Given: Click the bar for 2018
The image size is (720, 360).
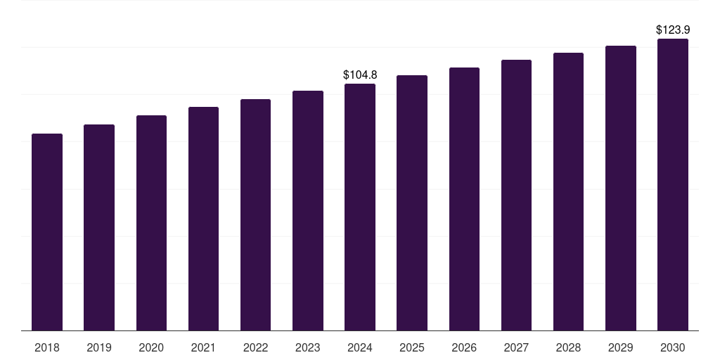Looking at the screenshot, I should (47, 232).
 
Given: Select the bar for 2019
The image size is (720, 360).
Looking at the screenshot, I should (99, 227).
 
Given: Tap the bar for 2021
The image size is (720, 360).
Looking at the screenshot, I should (203, 219).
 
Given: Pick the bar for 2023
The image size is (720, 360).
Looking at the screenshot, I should (308, 210).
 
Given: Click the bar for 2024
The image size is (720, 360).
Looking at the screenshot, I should (360, 207).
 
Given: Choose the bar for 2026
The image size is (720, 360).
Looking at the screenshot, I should (464, 199).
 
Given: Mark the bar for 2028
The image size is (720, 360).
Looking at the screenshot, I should (568, 191).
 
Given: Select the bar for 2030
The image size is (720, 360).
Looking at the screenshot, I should (673, 184).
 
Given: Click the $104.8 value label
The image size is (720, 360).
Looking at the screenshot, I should (360, 75).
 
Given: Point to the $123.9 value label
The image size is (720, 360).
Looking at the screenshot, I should (673, 30).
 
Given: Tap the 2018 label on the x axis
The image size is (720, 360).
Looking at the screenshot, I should (47, 347).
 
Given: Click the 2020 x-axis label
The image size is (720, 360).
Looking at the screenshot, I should (151, 347).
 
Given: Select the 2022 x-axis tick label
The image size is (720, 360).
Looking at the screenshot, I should (255, 347).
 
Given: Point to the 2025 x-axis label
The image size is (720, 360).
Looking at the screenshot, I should (412, 347).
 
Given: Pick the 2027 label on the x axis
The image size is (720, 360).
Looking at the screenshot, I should (516, 347).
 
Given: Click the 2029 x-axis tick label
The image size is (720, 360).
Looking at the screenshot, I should (621, 347).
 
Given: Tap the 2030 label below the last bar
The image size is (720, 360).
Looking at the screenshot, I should (673, 347).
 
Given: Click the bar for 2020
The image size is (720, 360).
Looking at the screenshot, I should (151, 223).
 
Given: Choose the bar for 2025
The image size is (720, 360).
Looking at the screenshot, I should (412, 202).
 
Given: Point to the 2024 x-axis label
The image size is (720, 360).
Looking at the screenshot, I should (360, 347).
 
